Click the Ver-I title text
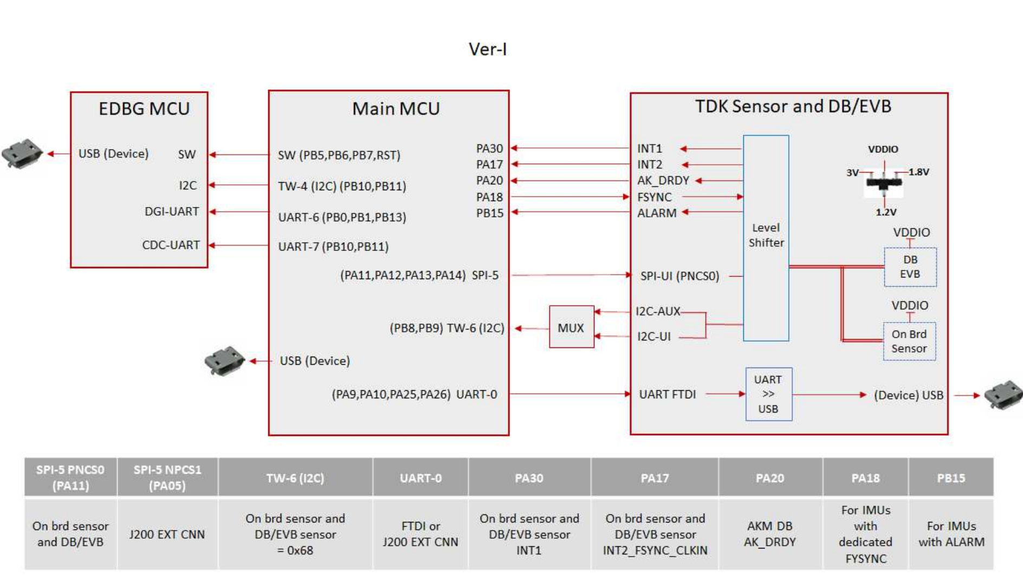click(x=487, y=49)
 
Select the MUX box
click(x=571, y=327)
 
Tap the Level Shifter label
click(x=766, y=235)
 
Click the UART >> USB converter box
click(x=768, y=394)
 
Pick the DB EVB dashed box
click(x=910, y=267)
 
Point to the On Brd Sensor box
click(x=909, y=341)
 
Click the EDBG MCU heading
click(x=144, y=108)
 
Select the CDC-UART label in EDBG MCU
click(x=171, y=245)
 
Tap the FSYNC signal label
click(x=654, y=197)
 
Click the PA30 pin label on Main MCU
click(x=489, y=149)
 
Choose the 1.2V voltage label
click(x=886, y=212)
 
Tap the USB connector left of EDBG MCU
click(x=22, y=154)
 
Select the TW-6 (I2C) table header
click(x=295, y=478)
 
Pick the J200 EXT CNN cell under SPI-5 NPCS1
click(x=167, y=534)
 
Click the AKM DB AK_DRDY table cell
click(x=769, y=534)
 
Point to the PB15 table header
click(x=950, y=478)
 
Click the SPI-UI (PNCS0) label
click(x=679, y=276)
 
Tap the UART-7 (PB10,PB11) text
click(x=333, y=247)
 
